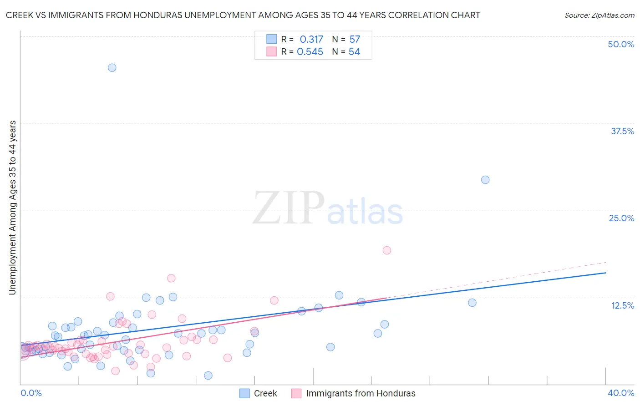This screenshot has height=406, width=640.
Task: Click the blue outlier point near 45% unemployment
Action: [112, 68]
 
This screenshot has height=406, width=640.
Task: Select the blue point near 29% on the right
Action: [485, 180]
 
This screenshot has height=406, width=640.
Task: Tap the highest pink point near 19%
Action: [387, 250]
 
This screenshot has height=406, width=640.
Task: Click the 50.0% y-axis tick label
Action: [621, 44]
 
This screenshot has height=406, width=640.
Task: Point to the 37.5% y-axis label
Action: [622, 131]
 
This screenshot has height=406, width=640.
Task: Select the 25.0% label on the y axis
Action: [621, 218]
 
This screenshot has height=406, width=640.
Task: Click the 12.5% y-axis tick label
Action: [622, 305]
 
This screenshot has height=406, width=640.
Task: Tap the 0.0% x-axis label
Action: [31, 393]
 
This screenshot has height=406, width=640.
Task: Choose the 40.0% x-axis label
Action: [621, 393]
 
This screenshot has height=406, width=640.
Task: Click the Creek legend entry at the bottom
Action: [265, 393]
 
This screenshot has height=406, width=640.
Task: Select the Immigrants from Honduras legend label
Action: [361, 393]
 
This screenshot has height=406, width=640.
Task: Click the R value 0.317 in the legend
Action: [311, 40]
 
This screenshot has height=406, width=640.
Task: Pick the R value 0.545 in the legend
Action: [310, 52]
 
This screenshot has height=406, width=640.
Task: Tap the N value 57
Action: [355, 40]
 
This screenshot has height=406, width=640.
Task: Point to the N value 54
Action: [354, 52]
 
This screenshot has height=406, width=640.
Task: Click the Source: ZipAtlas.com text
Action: [599, 15]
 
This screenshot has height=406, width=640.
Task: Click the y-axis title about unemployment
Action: [13, 208]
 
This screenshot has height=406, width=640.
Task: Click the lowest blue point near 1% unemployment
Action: [208, 376]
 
